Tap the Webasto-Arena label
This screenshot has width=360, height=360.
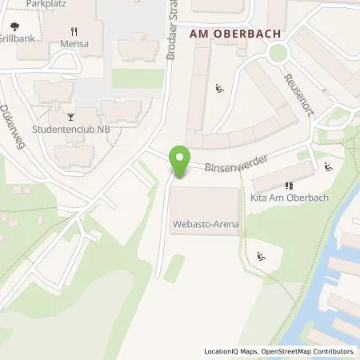[x=206, y=226]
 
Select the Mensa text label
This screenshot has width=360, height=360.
[x=74, y=44]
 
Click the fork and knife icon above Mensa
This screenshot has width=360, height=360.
[x=74, y=30]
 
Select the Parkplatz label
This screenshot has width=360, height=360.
[x=45, y=4]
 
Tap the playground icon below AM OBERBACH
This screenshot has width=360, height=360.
[x=220, y=88]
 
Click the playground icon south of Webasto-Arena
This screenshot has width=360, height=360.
[x=261, y=257]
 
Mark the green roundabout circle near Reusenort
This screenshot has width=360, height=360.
[x=278, y=54]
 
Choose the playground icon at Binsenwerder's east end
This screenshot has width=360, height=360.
[x=328, y=167]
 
